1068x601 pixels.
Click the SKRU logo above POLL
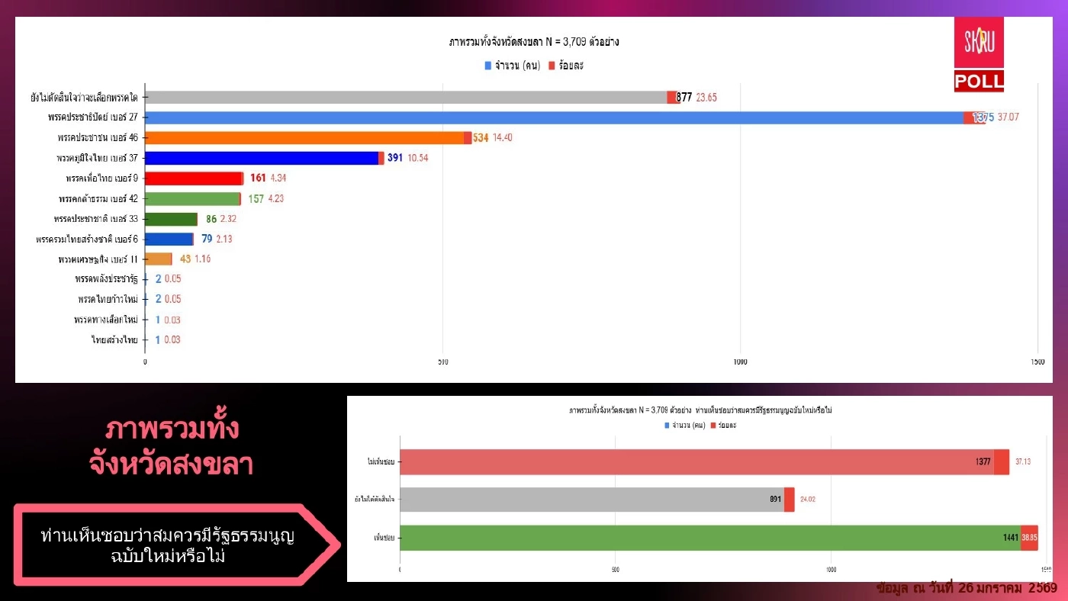(979, 43)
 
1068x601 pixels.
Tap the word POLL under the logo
(979, 82)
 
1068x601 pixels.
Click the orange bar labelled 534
(304, 138)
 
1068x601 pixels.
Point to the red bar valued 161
(193, 178)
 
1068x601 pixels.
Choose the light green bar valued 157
(191, 199)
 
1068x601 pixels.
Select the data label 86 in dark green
(211, 219)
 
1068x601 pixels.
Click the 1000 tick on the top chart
(740, 362)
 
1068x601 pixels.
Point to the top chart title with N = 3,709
(534, 43)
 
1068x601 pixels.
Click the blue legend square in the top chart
(487, 66)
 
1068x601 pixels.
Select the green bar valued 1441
(709, 538)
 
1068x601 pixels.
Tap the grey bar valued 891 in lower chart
(591, 500)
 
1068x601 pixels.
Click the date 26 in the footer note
(966, 588)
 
